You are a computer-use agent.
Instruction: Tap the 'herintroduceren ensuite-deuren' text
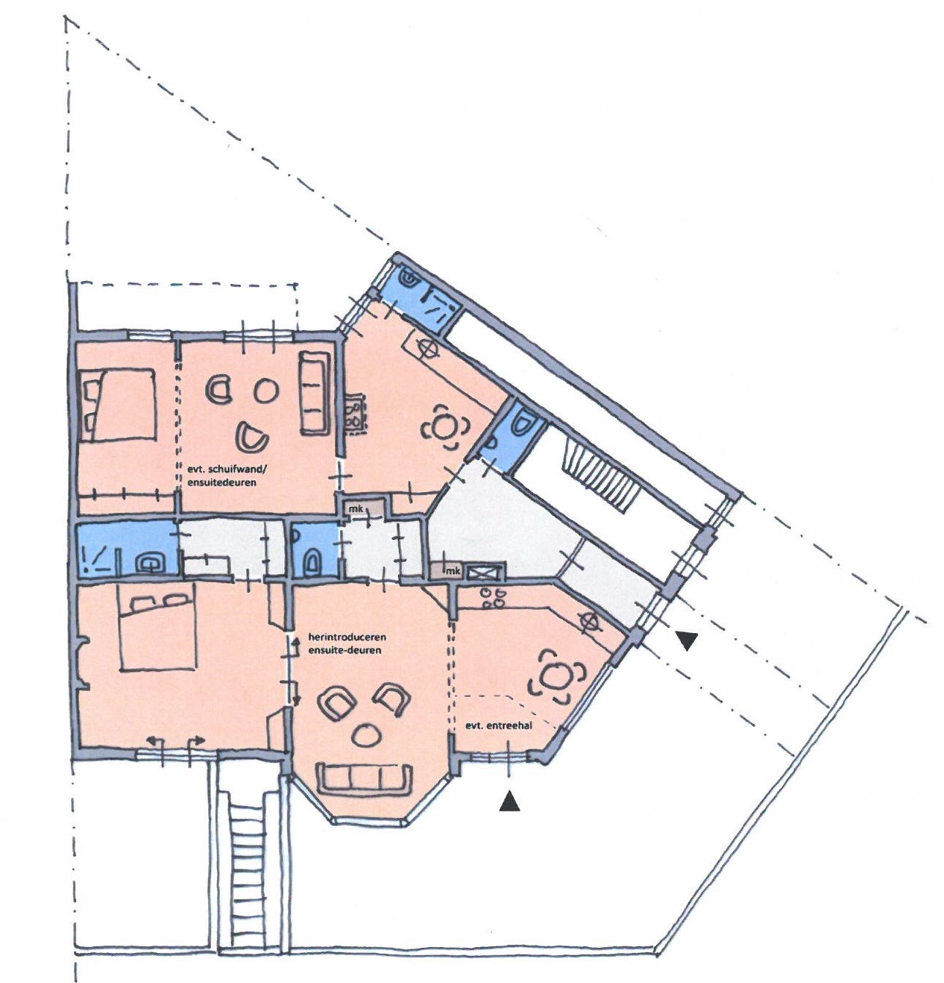[344, 643]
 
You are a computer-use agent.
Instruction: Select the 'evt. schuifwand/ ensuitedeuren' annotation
[226, 475]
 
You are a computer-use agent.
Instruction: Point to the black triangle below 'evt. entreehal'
[509, 801]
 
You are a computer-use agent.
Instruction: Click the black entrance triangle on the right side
[687, 640]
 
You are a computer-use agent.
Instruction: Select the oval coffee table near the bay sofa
[367, 735]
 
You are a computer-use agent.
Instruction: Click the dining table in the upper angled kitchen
[446, 428]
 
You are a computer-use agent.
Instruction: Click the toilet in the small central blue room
[313, 563]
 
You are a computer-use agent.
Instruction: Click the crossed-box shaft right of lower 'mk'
[484, 571]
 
